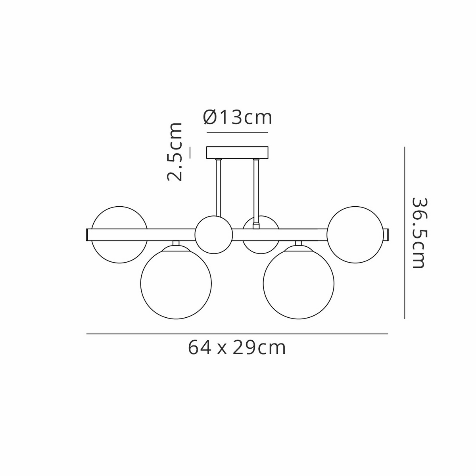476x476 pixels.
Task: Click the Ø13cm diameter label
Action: click(237, 117)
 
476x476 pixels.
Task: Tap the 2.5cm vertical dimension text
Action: click(175, 152)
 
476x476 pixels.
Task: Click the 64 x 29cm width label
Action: click(237, 348)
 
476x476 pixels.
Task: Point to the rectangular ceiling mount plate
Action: click(237, 152)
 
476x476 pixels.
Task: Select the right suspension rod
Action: click(256, 193)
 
